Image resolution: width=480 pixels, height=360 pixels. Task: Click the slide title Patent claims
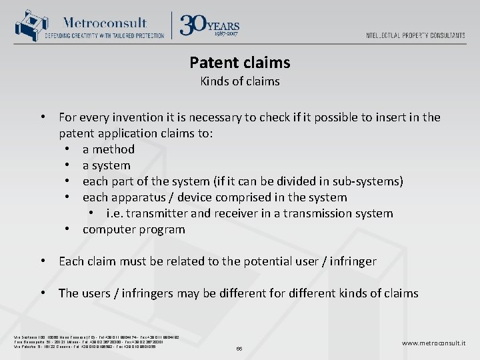(239, 63)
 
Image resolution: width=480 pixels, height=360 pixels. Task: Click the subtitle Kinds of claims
(239, 82)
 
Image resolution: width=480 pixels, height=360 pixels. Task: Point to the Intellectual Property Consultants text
(415, 35)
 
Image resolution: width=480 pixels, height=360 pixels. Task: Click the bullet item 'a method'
(108, 149)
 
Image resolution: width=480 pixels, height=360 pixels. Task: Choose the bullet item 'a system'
(106, 165)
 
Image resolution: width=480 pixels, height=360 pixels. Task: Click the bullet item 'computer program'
(133, 229)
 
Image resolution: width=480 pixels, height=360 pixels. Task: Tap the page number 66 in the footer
(240, 349)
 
